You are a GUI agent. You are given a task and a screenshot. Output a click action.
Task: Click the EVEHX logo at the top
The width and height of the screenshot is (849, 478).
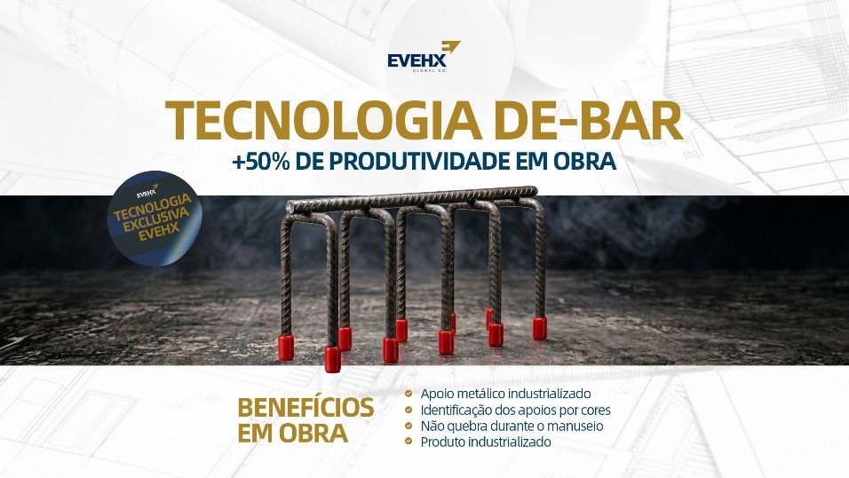point(424,56)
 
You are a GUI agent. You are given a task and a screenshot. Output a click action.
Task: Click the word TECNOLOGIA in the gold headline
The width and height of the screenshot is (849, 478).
point(323,122)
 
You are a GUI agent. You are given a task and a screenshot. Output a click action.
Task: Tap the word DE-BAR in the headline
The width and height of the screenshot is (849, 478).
point(589,122)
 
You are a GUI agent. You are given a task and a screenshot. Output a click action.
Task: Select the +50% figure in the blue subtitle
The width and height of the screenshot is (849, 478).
point(260,162)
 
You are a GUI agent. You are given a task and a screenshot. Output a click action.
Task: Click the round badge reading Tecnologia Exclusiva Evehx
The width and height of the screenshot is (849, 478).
point(155,218)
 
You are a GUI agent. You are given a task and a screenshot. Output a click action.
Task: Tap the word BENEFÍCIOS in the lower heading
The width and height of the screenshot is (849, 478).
point(305,407)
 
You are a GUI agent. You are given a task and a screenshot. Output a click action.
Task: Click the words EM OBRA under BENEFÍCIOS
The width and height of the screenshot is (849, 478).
point(292,433)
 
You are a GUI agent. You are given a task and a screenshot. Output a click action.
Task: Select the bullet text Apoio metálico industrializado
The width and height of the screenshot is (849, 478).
point(505,394)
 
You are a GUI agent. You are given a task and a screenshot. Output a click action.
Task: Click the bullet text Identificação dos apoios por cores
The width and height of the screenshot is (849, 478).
point(515,410)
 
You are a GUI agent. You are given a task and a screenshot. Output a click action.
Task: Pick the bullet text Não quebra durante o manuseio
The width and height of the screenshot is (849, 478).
point(512,426)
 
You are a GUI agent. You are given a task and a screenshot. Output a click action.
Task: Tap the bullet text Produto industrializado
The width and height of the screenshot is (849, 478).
point(486,442)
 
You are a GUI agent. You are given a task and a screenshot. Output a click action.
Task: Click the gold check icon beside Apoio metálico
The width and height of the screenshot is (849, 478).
point(409,394)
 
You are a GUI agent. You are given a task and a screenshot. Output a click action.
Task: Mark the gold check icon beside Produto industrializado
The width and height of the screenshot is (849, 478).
point(409,442)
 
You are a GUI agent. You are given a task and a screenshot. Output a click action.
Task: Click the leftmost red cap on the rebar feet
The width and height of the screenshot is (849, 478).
point(286,348)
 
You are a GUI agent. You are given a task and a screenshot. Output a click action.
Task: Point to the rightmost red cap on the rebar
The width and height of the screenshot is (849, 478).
point(539,329)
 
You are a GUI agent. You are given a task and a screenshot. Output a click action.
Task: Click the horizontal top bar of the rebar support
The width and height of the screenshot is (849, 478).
point(411,199)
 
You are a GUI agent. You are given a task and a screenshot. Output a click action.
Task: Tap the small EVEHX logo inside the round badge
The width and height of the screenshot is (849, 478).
point(147,192)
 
